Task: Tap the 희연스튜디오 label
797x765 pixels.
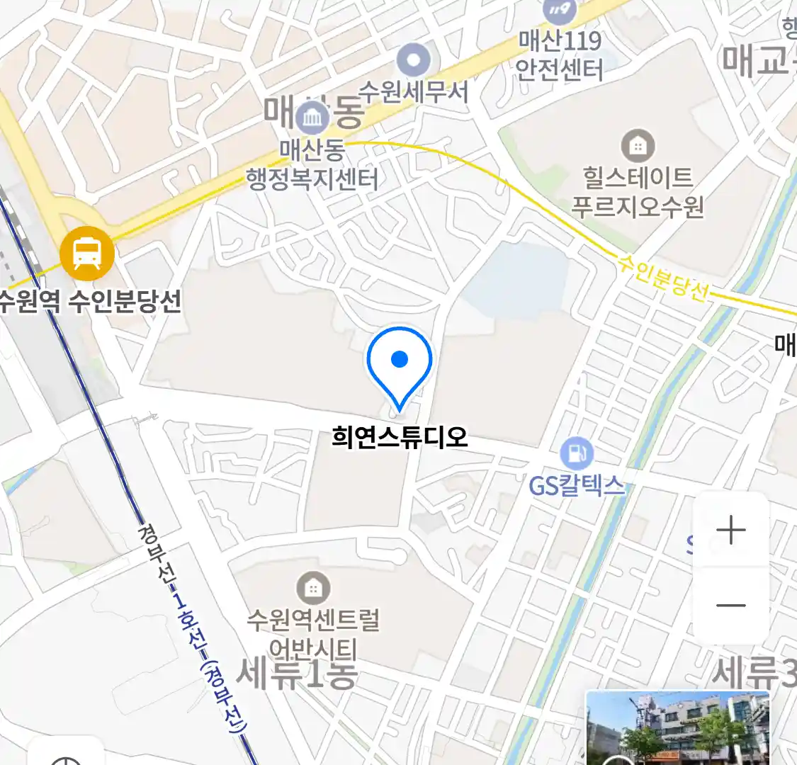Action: click(400, 436)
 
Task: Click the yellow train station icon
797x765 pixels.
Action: click(87, 253)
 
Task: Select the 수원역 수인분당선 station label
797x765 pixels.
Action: click(91, 302)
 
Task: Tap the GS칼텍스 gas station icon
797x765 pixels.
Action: click(577, 453)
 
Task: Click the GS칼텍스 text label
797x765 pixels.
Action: click(577, 486)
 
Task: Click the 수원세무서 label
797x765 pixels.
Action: click(413, 92)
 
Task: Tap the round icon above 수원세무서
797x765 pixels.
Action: click(414, 60)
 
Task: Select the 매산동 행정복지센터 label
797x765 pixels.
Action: click(312, 164)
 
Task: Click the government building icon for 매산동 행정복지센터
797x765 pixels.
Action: click(312, 118)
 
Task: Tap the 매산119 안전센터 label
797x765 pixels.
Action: click(560, 55)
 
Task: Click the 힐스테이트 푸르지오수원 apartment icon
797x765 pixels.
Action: click(638, 146)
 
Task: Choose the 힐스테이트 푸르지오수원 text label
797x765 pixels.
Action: click(638, 191)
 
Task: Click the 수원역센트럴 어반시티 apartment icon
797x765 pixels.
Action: click(312, 588)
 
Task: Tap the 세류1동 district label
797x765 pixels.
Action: click(296, 673)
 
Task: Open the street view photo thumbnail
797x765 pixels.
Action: click(677, 727)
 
